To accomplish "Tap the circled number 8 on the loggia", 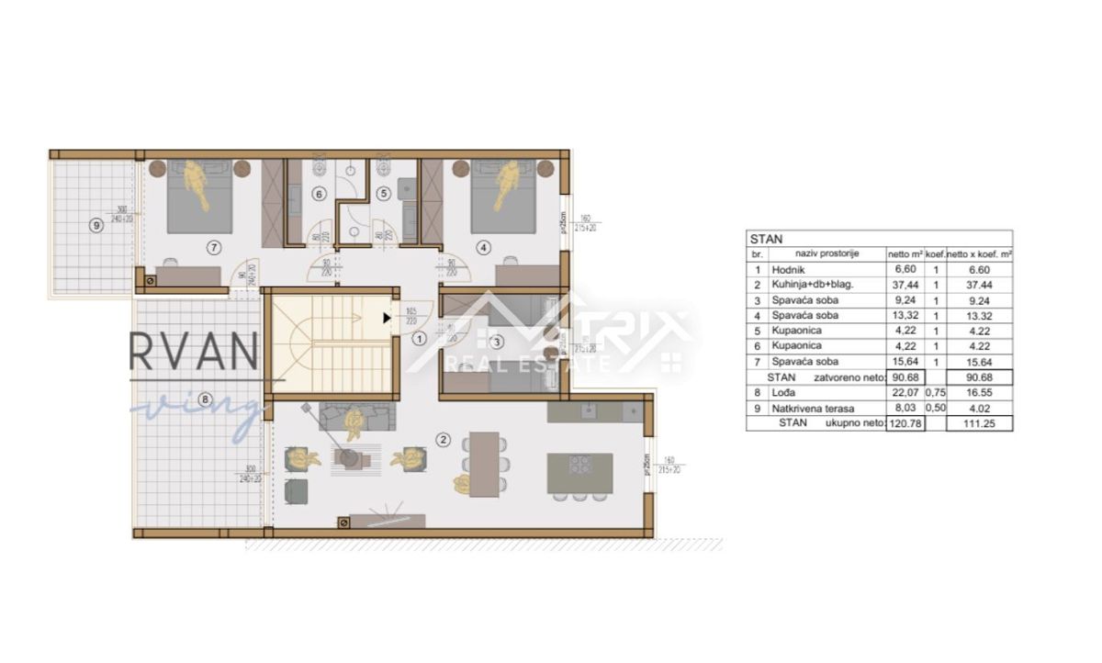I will point(204,399).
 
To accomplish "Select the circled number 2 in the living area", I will point(444,440).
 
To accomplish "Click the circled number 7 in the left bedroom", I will point(213,247).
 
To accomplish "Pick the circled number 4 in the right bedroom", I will point(484,246).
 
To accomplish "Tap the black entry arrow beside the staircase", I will point(387,318).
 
